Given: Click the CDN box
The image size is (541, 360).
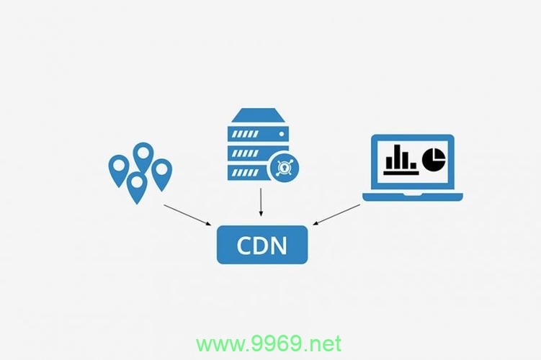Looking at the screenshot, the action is click(262, 245).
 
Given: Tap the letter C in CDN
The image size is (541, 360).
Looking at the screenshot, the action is click(243, 246).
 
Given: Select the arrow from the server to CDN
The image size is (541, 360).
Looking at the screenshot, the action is click(261, 202).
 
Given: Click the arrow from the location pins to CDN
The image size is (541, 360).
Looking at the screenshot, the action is click(187, 215).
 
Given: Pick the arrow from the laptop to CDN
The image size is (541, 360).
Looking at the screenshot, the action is click(336, 215).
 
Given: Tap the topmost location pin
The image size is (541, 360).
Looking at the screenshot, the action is click(143, 157).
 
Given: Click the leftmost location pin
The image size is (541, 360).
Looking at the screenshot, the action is click(119, 171).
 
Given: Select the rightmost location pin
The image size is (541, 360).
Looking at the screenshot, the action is click(162, 175).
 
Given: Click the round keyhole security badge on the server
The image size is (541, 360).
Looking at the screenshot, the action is click(284, 168).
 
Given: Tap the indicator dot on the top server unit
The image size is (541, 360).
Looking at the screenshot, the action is click(282, 134).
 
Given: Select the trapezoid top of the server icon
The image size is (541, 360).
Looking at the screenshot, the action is click(259, 115).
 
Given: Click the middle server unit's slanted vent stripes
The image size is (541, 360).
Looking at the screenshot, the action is click(245, 153).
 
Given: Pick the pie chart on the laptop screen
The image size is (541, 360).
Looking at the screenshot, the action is click(434, 159).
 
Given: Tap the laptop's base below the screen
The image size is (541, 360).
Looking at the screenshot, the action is click(413, 197).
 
